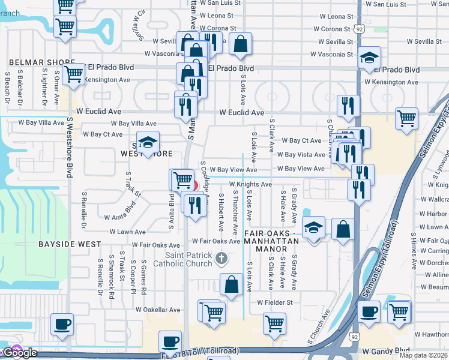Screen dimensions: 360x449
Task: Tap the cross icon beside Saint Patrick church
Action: pyautogui.click(x=221, y=259)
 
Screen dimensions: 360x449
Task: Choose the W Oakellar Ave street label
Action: pyautogui.click(x=158, y=310)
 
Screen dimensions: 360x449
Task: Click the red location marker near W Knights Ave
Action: pyautogui.click(x=194, y=184)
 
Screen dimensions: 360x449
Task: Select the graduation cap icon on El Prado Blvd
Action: pyautogui.click(x=369, y=58)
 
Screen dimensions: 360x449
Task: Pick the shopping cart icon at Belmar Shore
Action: pyautogui.click(x=74, y=75)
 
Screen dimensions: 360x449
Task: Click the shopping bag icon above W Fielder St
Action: pyautogui.click(x=231, y=284)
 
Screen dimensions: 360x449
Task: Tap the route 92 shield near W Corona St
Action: pyautogui.click(x=358, y=28)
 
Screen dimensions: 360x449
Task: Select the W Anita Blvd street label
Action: pyautogui.click(x=120, y=214)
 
